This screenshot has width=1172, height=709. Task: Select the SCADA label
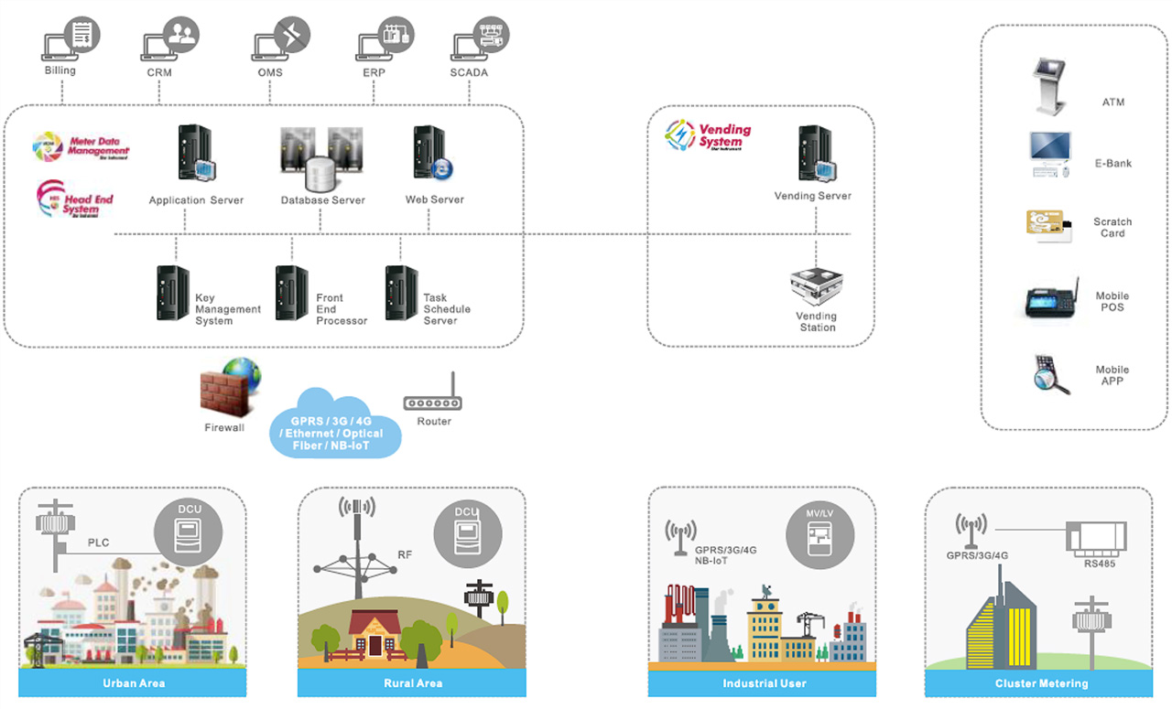coord(469,72)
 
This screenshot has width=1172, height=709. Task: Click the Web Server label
coord(434,199)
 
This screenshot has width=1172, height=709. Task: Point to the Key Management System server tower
coord(173,293)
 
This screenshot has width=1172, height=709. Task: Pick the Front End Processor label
coord(342,309)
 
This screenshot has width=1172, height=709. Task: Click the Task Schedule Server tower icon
coord(401,293)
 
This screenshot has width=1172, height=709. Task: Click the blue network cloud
coord(335,425)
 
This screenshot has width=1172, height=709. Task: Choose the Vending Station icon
coord(816,286)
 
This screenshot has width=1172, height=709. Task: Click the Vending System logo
coord(708,135)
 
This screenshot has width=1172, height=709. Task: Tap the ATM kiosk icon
coord(1048,86)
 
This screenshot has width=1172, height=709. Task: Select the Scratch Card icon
coord(1047,226)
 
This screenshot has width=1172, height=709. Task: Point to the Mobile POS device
coord(1050,301)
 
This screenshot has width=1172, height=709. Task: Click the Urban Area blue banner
coord(133,683)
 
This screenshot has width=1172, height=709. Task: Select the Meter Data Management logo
coord(81,146)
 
